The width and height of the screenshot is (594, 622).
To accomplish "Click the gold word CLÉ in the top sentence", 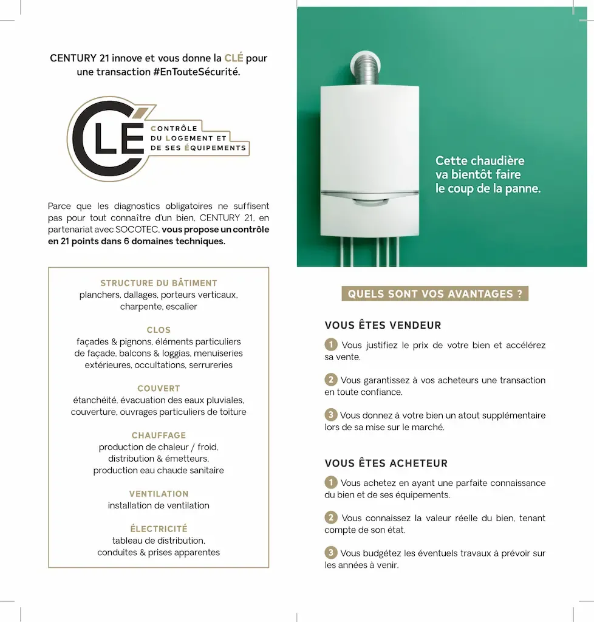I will coord(234,58).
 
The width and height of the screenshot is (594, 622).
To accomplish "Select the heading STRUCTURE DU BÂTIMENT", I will coord(159,283).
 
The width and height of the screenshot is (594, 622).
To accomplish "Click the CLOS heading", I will coord(159,330).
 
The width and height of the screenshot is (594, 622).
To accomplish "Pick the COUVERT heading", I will coord(159,388).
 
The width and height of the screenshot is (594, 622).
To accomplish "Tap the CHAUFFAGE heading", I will coord(159,435).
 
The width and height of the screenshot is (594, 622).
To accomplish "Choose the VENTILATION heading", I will coord(159,494).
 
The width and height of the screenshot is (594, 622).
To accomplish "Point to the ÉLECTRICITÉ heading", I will coord(159,528).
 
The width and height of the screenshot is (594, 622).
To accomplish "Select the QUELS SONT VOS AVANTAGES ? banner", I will coord(435,294).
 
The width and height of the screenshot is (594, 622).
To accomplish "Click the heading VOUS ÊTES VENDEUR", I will coord(383,326).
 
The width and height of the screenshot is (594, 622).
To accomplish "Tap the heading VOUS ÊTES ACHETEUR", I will coord(386,463).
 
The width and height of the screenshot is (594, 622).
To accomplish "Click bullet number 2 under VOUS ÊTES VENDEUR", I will coord(331,380).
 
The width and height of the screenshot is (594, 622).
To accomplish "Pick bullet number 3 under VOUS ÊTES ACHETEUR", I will coord(331,553).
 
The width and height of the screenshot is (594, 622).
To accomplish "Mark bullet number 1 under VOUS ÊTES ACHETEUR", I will coord(331,483).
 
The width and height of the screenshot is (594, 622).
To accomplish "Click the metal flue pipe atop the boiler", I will coord(370,68).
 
